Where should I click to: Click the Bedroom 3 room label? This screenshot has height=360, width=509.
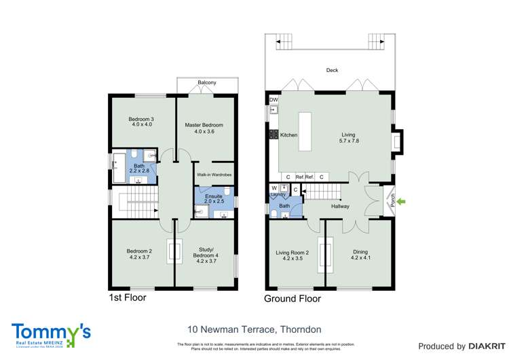click(142, 122)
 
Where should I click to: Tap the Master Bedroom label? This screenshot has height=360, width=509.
click(204, 128)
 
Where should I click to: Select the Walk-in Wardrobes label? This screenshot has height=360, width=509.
click(214, 175)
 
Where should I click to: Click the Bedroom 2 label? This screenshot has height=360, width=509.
click(139, 255)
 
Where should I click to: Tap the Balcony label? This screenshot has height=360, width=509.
click(207, 83)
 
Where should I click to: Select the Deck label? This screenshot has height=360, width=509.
click(332, 71)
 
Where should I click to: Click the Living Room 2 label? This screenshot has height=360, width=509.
click(292, 255)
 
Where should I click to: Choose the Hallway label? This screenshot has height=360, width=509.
click(340, 206)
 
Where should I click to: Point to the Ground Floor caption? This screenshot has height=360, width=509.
click(293, 298)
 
